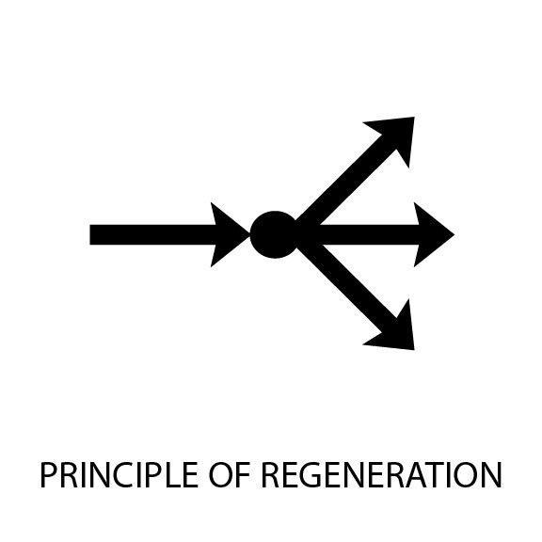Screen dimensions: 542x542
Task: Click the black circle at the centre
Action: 275,234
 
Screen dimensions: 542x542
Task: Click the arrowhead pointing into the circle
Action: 228,234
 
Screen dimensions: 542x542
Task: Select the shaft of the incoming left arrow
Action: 152,234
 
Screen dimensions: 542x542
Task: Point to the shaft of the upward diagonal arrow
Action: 345,184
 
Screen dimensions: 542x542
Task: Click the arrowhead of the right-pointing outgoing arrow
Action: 432,234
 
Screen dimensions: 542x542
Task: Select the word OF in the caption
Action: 230,474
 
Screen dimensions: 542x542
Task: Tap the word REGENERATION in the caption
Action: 381,474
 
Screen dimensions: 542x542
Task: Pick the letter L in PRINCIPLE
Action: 172,474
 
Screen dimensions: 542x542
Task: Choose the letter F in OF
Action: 244,474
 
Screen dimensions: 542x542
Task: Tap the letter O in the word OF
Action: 221,474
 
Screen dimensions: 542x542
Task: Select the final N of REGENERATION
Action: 492,474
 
